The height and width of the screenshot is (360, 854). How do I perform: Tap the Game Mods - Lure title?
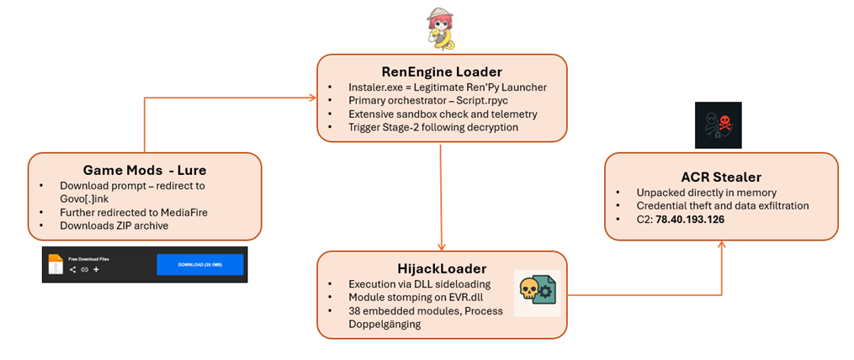(144, 167)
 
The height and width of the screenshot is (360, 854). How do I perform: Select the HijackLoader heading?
(441, 267)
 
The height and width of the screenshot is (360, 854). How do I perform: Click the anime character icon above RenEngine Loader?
(440, 29)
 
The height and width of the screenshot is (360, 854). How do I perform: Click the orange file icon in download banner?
(55, 264)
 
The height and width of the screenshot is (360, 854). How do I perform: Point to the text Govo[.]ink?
(82, 199)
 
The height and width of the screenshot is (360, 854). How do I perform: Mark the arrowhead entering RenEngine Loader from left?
(313, 98)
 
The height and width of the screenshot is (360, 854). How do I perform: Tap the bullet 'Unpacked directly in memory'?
(683, 191)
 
